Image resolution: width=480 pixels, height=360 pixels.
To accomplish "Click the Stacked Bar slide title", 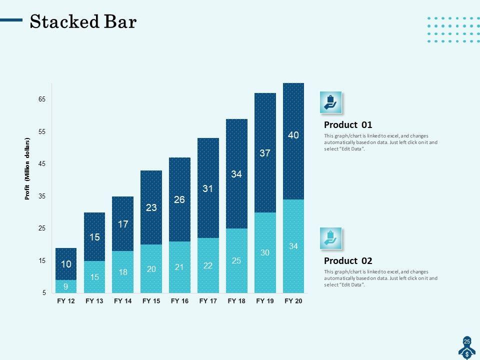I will (83, 22).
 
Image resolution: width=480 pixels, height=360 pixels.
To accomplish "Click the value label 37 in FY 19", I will (265, 153).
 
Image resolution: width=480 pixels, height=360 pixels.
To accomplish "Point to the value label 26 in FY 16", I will (179, 199).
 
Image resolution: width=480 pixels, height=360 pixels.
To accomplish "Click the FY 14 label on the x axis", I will (122, 301).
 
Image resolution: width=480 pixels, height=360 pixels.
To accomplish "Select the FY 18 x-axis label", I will (236, 301).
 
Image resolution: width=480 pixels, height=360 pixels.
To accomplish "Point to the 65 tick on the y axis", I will (42, 99).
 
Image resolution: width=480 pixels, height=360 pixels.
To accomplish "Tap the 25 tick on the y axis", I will (42, 228).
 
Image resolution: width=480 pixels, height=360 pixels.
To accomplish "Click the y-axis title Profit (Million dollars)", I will (28, 169).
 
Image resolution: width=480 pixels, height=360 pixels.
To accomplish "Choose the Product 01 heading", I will (348, 124).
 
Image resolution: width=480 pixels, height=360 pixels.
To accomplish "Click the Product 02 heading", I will (348, 260).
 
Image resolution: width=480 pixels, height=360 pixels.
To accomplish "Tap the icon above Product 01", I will (330, 102).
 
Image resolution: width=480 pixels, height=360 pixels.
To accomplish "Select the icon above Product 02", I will (330, 238).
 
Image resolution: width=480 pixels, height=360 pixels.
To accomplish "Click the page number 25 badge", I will (467, 341).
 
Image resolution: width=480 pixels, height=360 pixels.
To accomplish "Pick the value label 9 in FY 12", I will (66, 287).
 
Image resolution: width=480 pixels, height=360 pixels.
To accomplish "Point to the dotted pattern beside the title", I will (453, 29).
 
